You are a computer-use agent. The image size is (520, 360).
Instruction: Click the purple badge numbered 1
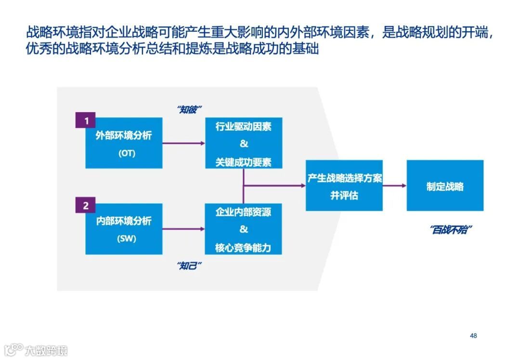coord(86,121)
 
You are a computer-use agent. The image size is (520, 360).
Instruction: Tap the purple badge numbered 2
coord(86,206)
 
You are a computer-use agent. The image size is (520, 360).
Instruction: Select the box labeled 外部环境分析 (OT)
coord(124,143)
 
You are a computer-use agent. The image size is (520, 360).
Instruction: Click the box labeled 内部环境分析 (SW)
coord(124,229)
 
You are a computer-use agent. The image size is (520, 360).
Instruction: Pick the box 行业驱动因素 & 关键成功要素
coord(243,143)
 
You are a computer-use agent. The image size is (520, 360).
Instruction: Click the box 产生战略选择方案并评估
coord(344,185)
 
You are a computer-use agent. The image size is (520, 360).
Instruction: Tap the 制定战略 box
coord(445,185)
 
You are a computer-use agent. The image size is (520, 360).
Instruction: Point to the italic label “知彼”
coord(190,109)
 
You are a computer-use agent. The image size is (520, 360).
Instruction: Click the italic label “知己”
coord(190,266)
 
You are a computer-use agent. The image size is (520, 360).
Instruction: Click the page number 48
coord(473,335)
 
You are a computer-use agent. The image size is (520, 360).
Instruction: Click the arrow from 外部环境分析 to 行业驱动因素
coord(183,143)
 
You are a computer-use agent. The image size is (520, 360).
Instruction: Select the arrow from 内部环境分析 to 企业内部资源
coord(183,229)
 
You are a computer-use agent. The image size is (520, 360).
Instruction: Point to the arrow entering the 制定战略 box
coord(394,185)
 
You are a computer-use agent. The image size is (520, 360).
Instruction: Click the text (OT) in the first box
coord(127,154)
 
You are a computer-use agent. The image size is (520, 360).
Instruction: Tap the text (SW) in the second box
coord(127,239)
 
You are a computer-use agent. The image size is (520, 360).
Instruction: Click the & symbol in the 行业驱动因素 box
coord(243,144)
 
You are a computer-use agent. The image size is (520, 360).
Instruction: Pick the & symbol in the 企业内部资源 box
coord(243,229)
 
